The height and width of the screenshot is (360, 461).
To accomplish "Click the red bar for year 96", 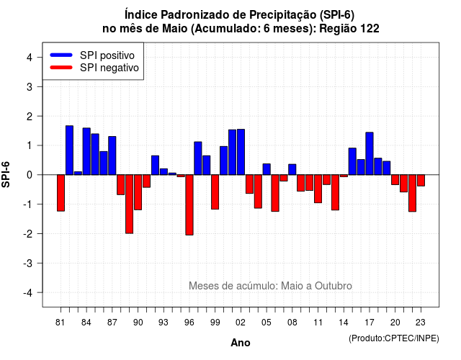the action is pyautogui.click(x=189, y=204).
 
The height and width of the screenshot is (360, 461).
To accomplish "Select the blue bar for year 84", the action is pyautogui.click(x=86, y=151).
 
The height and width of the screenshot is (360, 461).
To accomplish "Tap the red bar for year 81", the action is pyautogui.click(x=61, y=193).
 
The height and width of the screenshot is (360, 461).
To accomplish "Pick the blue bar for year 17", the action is pyautogui.click(x=370, y=153).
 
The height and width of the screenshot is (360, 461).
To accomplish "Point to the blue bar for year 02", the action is pyautogui.click(x=241, y=152).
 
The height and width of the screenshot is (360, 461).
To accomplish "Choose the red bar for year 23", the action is pyautogui.click(x=421, y=180).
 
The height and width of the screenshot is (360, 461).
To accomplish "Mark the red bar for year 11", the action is pyautogui.click(x=318, y=189).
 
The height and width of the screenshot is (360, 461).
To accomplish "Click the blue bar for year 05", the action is pyautogui.click(x=267, y=169).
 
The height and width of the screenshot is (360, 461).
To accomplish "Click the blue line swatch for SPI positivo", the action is pyautogui.click(x=61, y=55).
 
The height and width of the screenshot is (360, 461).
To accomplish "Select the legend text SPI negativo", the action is pyautogui.click(x=109, y=68).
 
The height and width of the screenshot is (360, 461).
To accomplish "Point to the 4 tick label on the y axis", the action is pyautogui.click(x=30, y=58).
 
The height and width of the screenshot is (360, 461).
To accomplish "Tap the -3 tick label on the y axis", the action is pyautogui.click(x=27, y=263).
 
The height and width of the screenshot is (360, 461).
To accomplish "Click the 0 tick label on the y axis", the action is pyautogui.click(x=30, y=175).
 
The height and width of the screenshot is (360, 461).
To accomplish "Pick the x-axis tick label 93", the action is pyautogui.click(x=164, y=323).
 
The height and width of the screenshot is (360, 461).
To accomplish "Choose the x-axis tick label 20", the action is pyautogui.click(x=395, y=323).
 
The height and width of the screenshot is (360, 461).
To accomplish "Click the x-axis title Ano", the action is pyautogui.click(x=241, y=343).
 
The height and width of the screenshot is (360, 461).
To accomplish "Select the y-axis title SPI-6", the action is pyautogui.click(x=6, y=174).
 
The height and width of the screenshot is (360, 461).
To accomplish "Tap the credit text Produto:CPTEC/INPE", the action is pyautogui.click(x=394, y=338).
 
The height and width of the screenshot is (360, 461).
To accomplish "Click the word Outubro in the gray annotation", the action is pyautogui.click(x=334, y=286).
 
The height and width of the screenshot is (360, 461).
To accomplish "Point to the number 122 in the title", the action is pyautogui.click(x=370, y=29).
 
